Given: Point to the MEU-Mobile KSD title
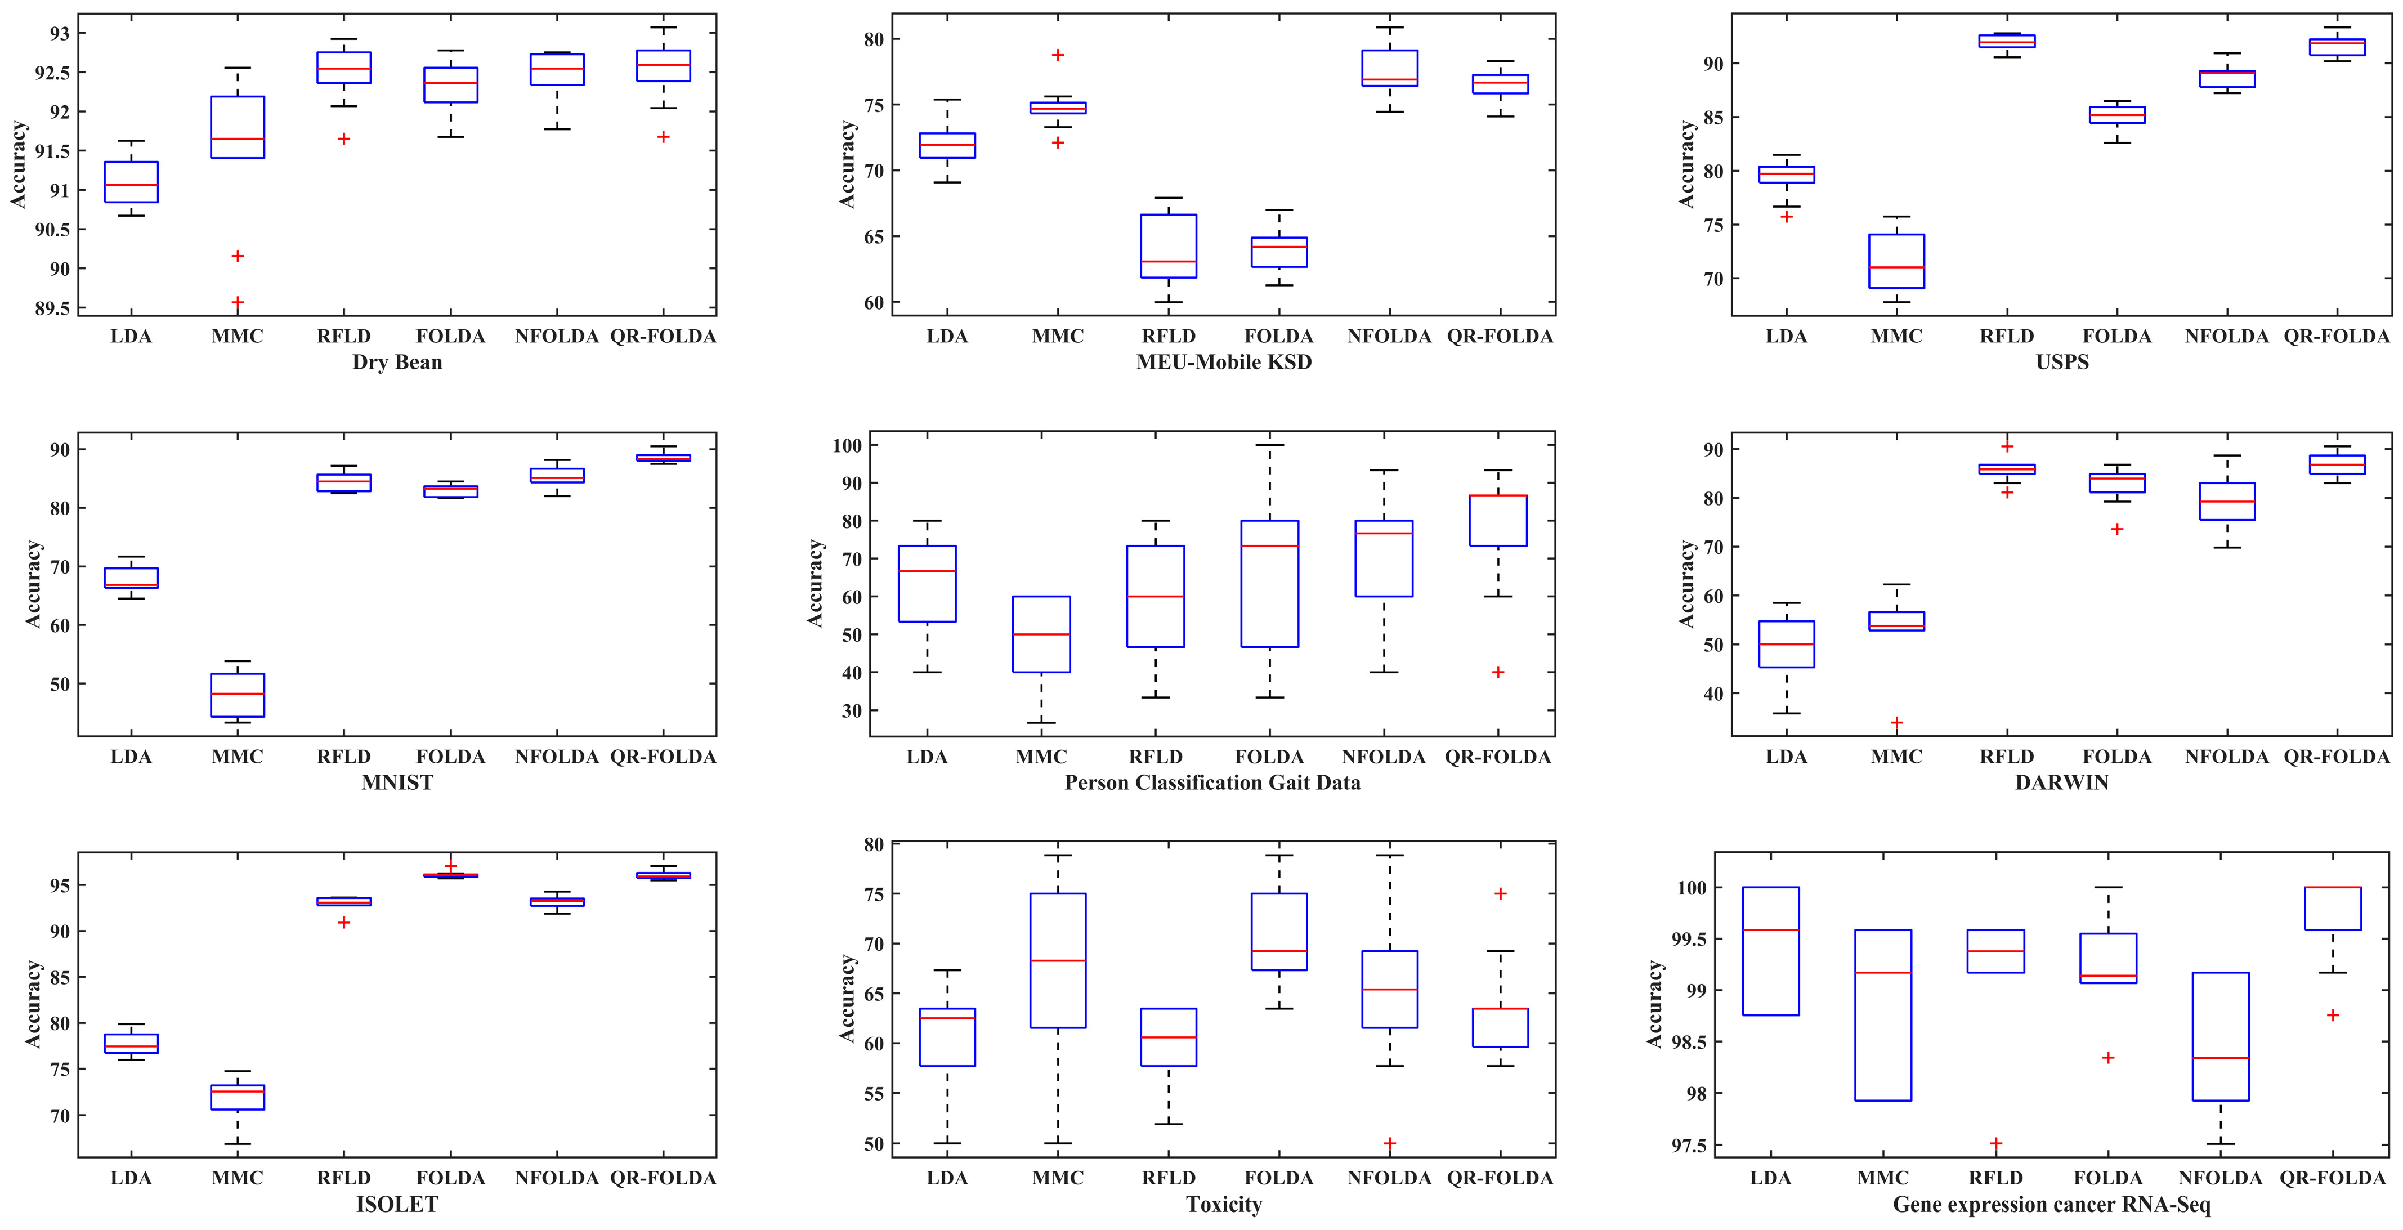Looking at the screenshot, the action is [1223, 362].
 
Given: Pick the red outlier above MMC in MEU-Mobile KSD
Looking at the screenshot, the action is [1058, 55].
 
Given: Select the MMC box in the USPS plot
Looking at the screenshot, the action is [1896, 261].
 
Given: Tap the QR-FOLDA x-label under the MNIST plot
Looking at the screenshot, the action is [663, 757].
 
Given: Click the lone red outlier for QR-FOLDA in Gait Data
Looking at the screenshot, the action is [1498, 672].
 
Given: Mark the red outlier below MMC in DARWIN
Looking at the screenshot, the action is [1896, 722].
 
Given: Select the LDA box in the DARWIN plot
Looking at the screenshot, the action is [1787, 644].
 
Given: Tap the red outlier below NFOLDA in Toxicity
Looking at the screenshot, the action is [1389, 1143].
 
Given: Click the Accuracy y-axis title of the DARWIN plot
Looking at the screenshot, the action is [1686, 583].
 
